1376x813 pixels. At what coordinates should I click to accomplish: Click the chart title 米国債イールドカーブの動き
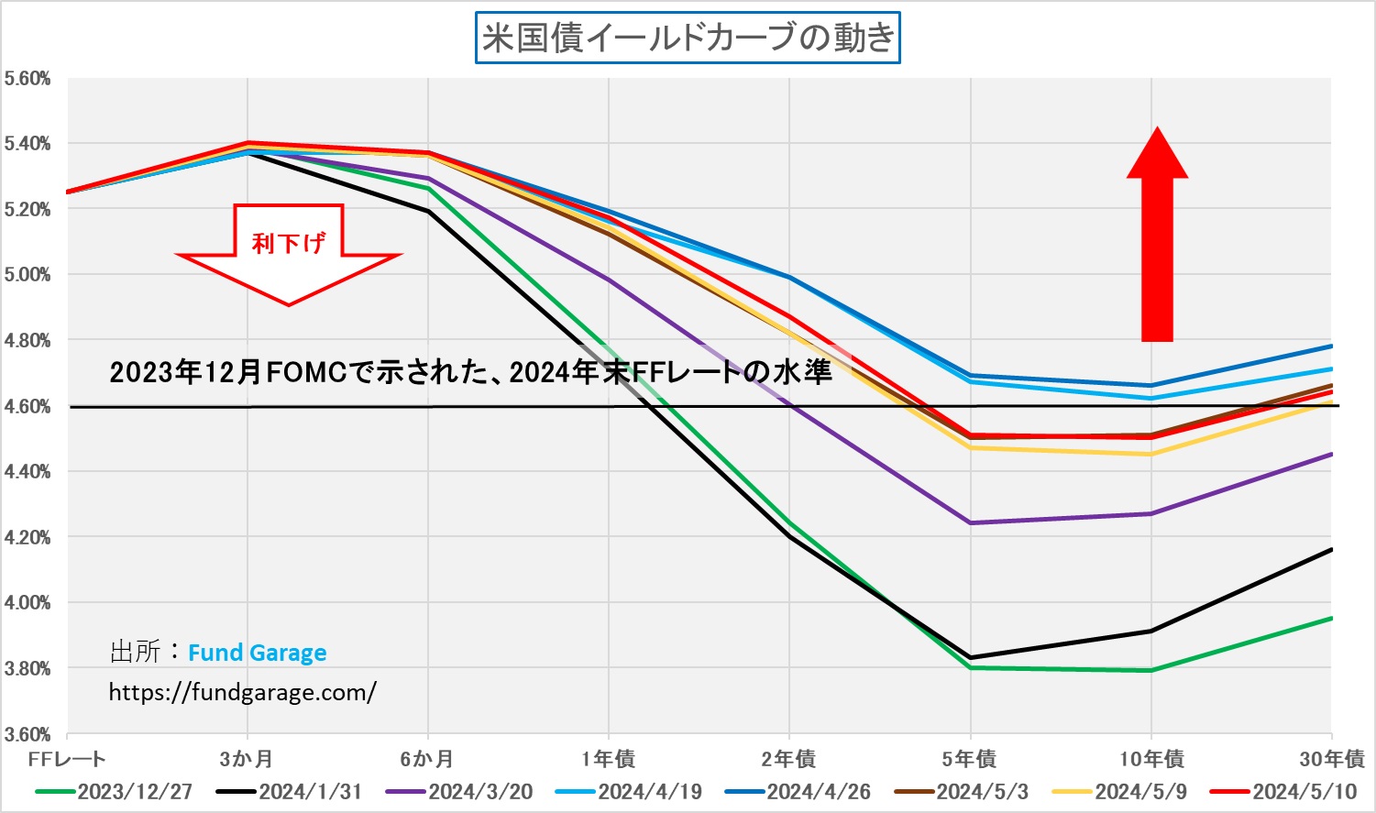(x=688, y=38)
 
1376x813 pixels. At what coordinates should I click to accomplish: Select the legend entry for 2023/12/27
(x=134, y=792)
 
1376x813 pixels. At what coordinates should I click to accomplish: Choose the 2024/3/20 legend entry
(x=479, y=792)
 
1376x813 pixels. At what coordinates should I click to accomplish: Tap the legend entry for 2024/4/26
(x=818, y=792)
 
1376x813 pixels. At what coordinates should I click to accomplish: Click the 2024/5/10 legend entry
(x=1304, y=792)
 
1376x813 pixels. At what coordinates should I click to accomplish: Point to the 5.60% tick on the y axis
(x=28, y=79)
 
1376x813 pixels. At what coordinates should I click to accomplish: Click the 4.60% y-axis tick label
(x=28, y=406)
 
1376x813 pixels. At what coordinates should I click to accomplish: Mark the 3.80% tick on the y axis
(x=28, y=668)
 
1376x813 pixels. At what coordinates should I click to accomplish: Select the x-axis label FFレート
(x=67, y=759)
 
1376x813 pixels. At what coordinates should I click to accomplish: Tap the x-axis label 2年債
(x=788, y=759)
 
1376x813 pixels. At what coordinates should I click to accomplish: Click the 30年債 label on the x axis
(x=1332, y=759)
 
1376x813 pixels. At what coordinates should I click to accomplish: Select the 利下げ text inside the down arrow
(x=288, y=243)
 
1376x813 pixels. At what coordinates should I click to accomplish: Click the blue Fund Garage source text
(x=257, y=653)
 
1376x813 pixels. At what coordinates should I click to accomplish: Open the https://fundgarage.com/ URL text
(x=242, y=691)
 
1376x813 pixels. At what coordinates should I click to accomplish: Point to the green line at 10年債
(x=1151, y=670)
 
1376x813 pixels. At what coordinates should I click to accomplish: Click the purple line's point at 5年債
(x=970, y=522)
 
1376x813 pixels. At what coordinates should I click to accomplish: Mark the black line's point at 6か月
(x=428, y=211)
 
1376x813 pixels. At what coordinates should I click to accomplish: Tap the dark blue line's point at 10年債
(x=1151, y=385)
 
